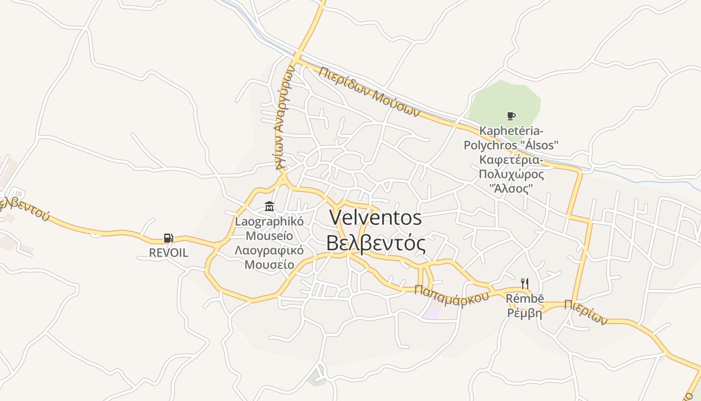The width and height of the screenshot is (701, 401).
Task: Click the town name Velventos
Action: [x=376, y=218]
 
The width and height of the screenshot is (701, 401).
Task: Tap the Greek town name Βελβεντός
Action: [x=376, y=244]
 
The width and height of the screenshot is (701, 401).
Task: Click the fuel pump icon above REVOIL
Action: [x=169, y=238]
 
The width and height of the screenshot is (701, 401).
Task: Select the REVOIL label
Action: [x=169, y=253]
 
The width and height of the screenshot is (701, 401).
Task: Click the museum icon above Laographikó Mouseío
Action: [x=269, y=206]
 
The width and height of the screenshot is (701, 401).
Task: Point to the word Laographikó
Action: [x=269, y=222]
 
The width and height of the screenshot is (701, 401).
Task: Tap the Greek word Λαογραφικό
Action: [x=269, y=250]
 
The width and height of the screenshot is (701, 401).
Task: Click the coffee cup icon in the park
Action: [x=511, y=116]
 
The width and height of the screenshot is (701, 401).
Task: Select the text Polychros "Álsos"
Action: [x=511, y=145]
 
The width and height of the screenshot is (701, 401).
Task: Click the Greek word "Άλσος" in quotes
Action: [x=511, y=189]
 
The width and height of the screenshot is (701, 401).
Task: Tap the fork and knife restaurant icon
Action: [x=524, y=284]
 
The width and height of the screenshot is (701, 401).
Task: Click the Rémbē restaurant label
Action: [x=525, y=299]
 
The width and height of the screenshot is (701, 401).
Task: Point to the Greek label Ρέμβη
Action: [x=525, y=313]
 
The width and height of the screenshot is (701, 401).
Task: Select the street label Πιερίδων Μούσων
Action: [x=369, y=91]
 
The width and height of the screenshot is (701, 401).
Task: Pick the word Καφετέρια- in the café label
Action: [x=511, y=160]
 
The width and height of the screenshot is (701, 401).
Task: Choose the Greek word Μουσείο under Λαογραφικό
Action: [x=269, y=264]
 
